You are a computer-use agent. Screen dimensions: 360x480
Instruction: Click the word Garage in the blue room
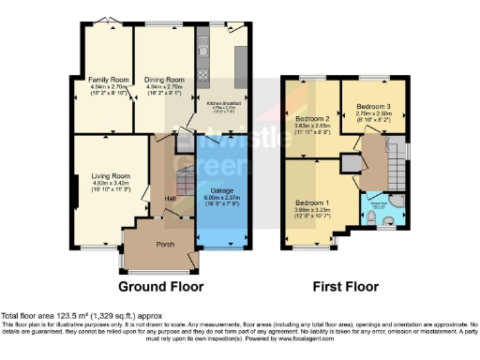221,190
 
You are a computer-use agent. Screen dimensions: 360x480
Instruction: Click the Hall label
172,199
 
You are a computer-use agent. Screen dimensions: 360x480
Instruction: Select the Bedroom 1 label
313,202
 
